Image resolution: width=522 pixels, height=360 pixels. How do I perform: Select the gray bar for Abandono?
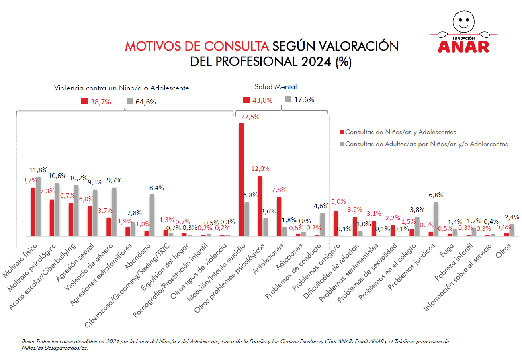coord(152,215)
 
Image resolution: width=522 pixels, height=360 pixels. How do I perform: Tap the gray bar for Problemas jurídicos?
coord(436,219)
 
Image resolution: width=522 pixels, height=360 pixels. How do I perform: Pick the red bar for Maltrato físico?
coord(33,212)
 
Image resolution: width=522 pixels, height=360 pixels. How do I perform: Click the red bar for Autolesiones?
coord(279,217)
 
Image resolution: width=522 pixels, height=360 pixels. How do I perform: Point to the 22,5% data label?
coord(250,117)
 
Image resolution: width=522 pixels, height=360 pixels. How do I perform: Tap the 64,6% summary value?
coord(145,102)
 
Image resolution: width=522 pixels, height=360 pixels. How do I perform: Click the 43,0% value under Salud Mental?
coord(262,100)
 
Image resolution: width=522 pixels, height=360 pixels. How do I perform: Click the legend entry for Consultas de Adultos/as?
coord(426,144)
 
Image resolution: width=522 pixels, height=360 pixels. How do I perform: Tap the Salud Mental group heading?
coord(276,87)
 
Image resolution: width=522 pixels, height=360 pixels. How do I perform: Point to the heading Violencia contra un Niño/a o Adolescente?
coord(121,88)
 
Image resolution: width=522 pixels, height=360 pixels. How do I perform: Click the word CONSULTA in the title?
coord(235,46)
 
